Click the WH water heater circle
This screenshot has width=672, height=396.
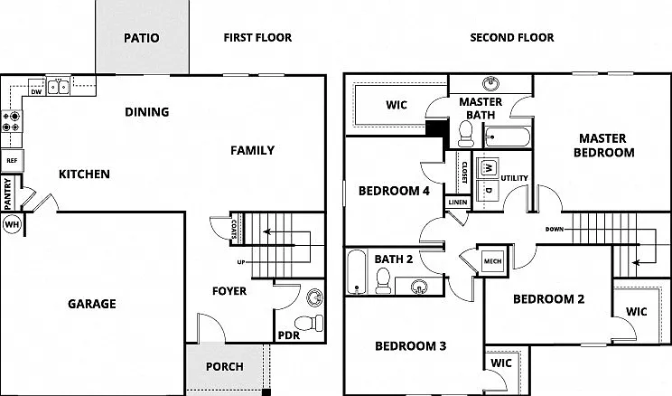12,224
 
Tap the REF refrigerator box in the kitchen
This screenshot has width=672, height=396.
12,160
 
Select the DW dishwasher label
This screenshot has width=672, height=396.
36,92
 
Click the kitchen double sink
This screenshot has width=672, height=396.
59,87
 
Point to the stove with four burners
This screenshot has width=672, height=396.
12,121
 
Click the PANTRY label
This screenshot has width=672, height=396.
7,194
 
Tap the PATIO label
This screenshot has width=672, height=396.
142,38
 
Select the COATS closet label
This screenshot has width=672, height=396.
234,229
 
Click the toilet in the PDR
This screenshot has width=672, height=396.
309,323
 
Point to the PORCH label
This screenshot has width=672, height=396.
225,367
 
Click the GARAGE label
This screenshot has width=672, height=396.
92,304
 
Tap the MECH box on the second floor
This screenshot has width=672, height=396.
492,261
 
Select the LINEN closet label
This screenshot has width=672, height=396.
458,203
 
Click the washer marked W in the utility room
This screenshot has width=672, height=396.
488,167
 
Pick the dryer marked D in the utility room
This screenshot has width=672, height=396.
488,190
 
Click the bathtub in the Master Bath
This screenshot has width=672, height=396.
507,137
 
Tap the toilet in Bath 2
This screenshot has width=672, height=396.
383,280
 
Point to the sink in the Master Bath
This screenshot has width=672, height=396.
490,83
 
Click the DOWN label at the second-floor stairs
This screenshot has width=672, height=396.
555,229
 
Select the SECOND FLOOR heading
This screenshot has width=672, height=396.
512,38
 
